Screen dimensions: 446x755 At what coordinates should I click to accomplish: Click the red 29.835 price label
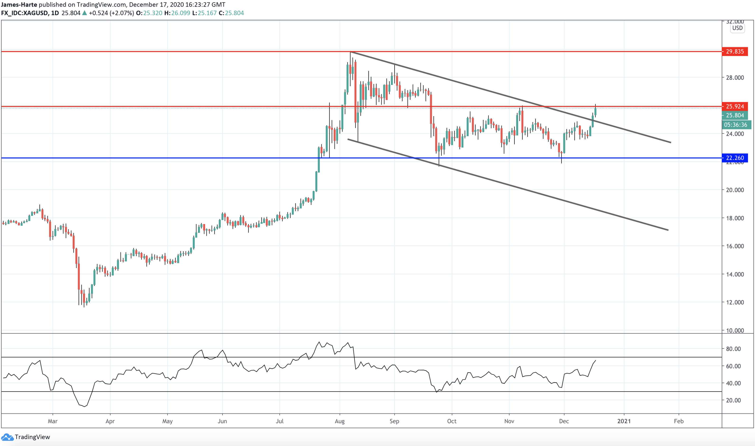point(735,51)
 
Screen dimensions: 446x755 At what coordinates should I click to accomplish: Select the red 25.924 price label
point(735,106)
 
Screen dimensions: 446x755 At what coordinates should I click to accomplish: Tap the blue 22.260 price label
point(735,158)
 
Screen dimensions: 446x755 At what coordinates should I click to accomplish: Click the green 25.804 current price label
point(735,115)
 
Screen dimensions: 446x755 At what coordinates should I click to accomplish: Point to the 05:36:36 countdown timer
point(736,125)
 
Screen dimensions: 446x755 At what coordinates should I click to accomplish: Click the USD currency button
point(737,28)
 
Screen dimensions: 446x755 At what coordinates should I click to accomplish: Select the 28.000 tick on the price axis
point(735,78)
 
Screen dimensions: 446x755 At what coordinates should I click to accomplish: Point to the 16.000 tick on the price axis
point(735,246)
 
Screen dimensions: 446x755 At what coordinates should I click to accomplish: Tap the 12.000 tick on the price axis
point(735,302)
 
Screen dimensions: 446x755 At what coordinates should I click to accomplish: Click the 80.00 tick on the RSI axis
point(733,349)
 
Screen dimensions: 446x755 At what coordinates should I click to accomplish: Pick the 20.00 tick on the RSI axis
point(733,400)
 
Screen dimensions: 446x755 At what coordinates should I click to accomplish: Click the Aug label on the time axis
point(340,421)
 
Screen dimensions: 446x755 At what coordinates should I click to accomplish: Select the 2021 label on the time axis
point(624,421)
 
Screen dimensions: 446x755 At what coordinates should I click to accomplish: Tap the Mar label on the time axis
point(53,421)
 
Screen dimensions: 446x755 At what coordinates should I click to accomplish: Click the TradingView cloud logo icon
point(7,437)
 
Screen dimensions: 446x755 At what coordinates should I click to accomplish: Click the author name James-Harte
point(19,5)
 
